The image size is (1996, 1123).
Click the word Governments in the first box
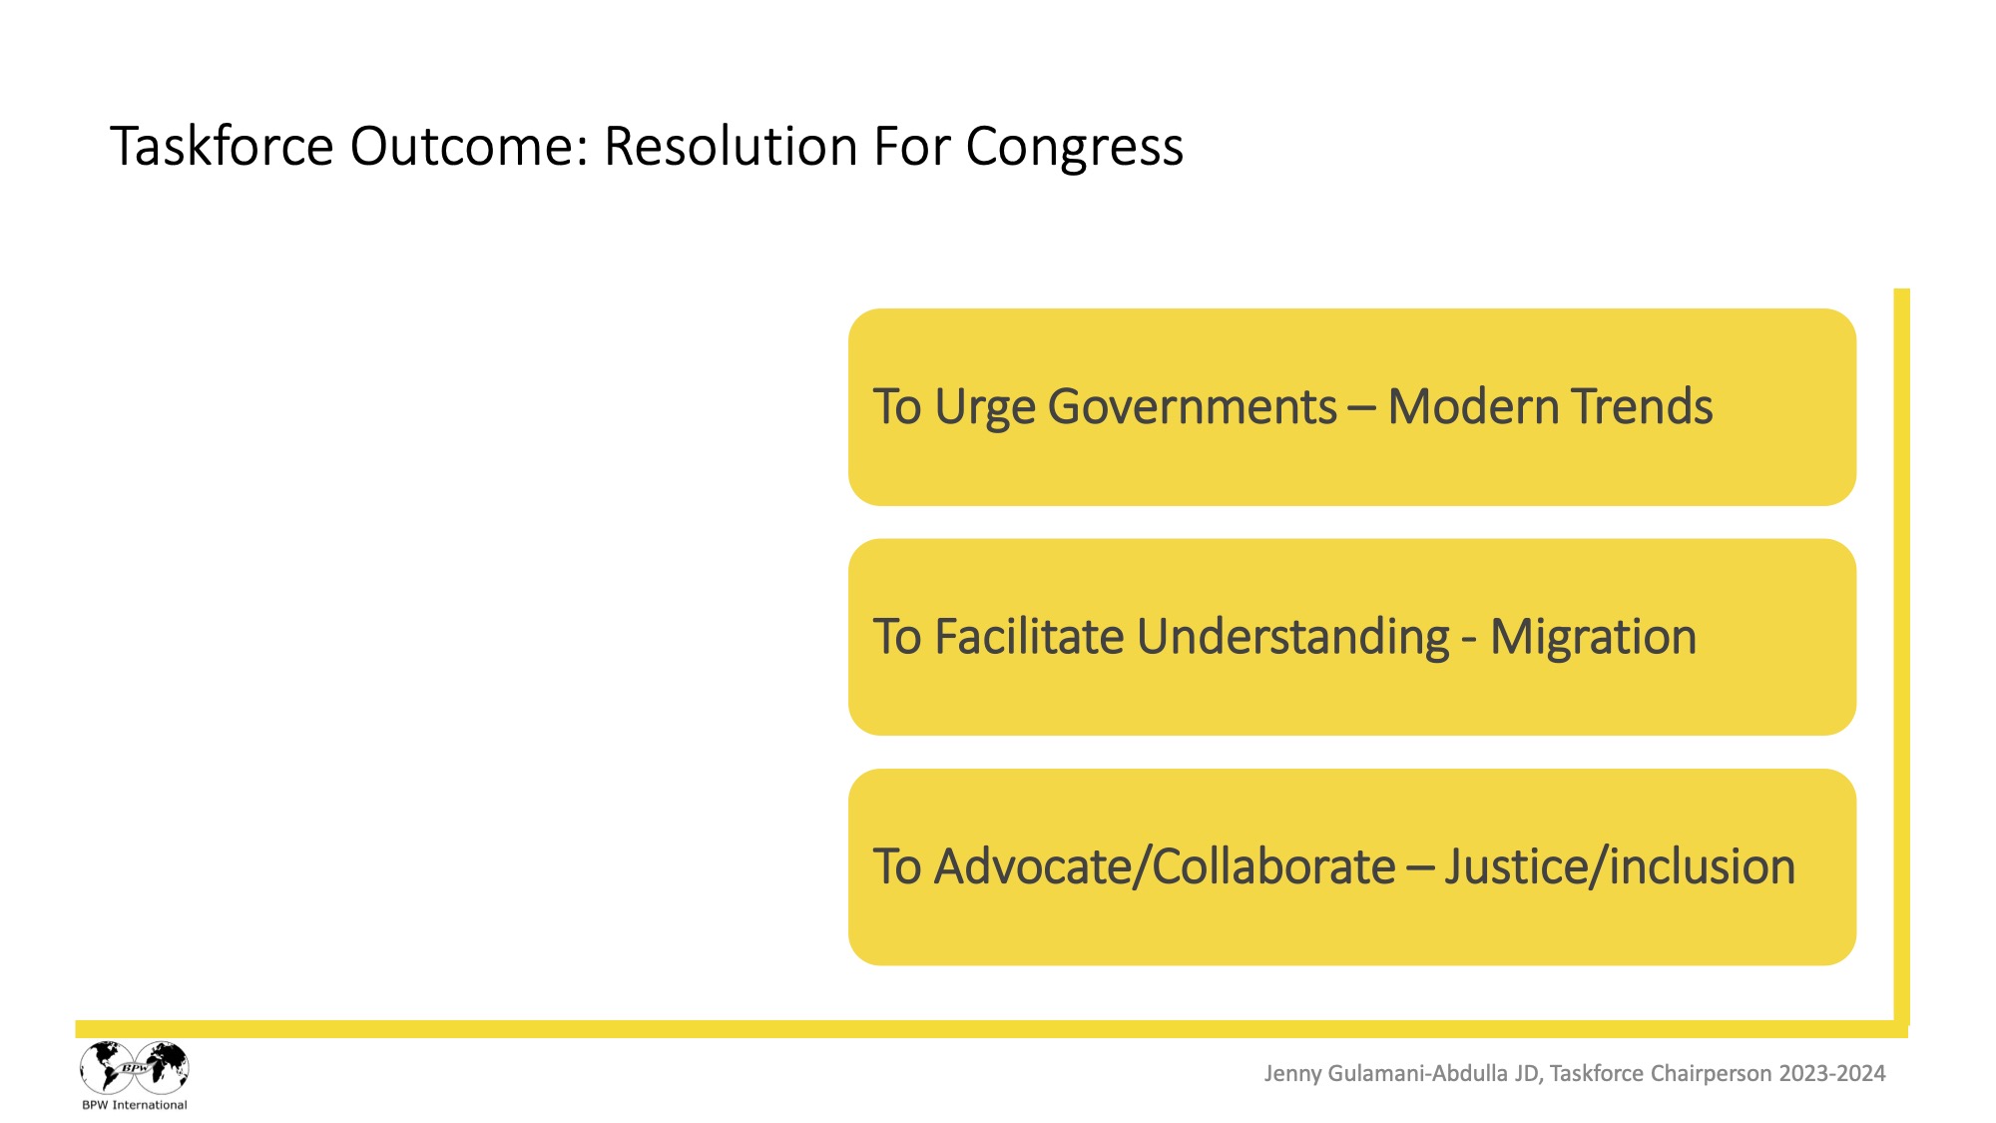[1193, 407]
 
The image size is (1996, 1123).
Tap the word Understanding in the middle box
[1293, 638]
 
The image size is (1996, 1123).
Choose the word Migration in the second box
[1593, 638]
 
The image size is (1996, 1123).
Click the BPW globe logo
[135, 1068]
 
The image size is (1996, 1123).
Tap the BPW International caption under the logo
[135, 1105]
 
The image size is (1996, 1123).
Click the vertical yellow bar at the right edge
[1901, 656]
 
